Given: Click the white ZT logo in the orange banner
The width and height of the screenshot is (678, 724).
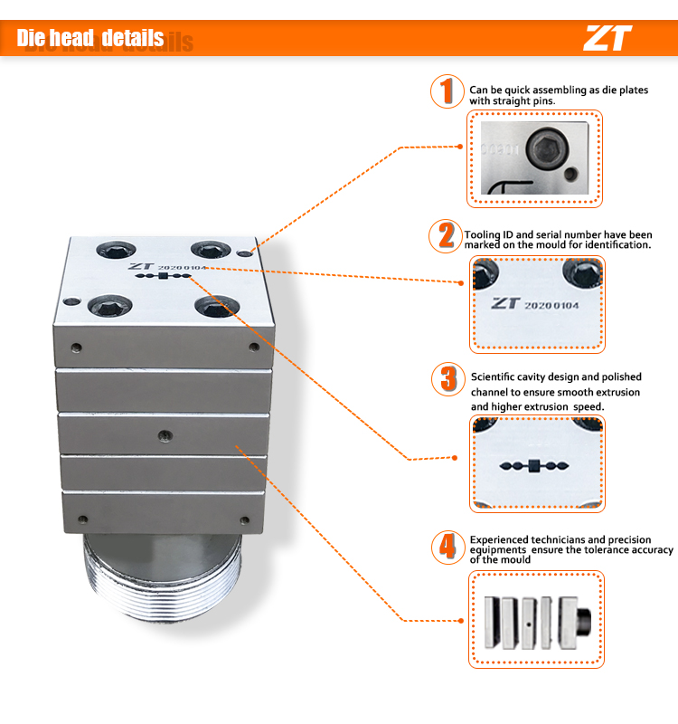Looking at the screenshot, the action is pos(607,38).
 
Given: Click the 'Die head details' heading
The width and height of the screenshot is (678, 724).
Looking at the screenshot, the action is pos(90,38).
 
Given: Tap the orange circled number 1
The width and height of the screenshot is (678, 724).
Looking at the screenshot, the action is pos(447,91).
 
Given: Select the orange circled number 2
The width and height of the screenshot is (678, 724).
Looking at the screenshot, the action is pos(446,236).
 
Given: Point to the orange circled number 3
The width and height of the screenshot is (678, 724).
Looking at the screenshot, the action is pos(447,379).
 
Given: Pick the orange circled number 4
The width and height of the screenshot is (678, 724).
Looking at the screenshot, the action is pos(447,548).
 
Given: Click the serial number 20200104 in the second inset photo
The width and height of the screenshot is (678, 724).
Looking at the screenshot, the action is pos(551,305).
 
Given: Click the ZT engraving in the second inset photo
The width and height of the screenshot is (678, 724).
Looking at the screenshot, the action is pos(505,303).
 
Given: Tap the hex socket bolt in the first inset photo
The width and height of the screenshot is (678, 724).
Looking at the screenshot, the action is pos(548,148).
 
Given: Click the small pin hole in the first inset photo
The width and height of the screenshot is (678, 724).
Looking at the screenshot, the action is pos(571,175).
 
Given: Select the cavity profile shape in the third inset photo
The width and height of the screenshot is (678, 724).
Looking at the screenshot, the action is pos(534,466).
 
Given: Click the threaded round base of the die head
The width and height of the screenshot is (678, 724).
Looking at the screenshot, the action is pos(163,576).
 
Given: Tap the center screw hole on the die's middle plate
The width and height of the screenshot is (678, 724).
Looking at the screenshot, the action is pos(165,435).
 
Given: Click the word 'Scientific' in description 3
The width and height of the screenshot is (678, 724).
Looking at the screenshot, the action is pos(493,376).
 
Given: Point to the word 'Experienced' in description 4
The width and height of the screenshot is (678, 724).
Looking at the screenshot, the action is pos(499,539).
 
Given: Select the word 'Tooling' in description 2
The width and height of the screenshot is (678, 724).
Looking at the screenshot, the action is pos(484,234).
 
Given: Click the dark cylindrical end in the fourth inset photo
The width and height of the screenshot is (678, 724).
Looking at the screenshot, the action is pos(583,622).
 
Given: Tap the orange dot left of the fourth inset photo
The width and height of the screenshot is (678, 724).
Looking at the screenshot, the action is pos(461,621).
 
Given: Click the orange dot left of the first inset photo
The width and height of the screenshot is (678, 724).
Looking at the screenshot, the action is pos(460,147).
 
